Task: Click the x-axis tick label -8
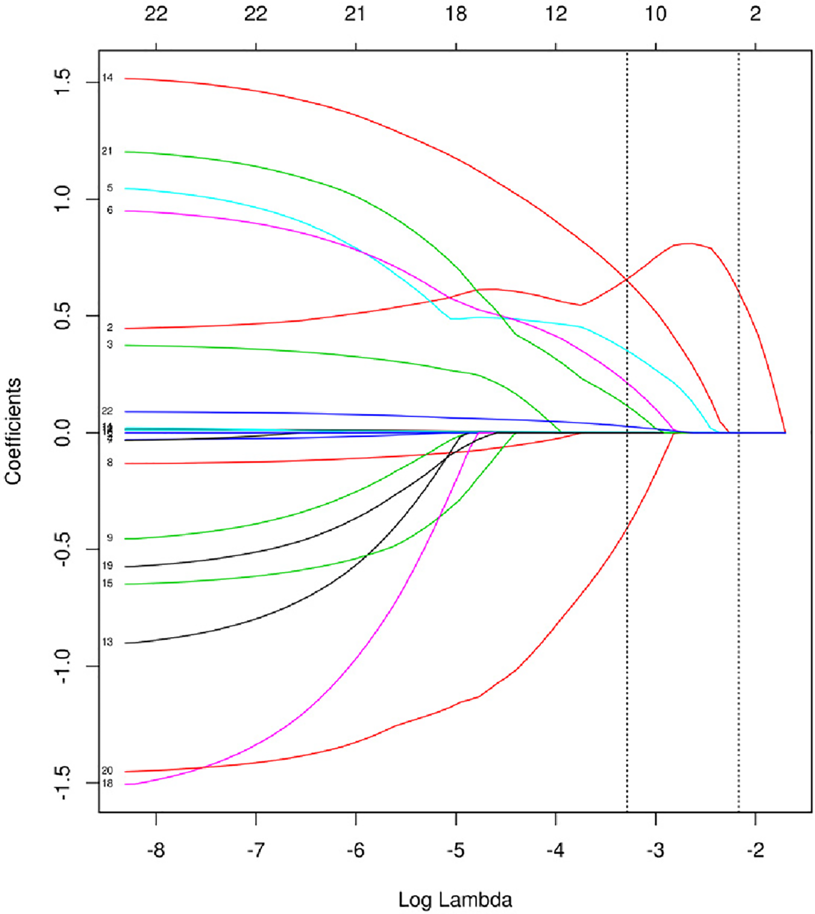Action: pos(156,850)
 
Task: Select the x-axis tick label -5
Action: pos(455,850)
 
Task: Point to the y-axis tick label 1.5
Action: pos(63,82)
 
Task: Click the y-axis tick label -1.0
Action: pos(63,666)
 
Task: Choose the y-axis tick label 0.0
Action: pos(63,432)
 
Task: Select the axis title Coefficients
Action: pos(13,431)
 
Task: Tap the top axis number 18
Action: pos(456,14)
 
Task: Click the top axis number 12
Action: pos(556,14)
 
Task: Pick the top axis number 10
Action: pos(656,14)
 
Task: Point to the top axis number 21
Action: pos(355,14)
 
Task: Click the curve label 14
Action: pos(107,78)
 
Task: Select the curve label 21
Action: pos(107,151)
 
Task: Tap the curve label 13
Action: pos(107,642)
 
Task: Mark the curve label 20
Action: pos(107,770)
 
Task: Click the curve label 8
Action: pos(110,462)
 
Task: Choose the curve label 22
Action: pos(107,410)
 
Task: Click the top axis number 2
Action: pos(755,14)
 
